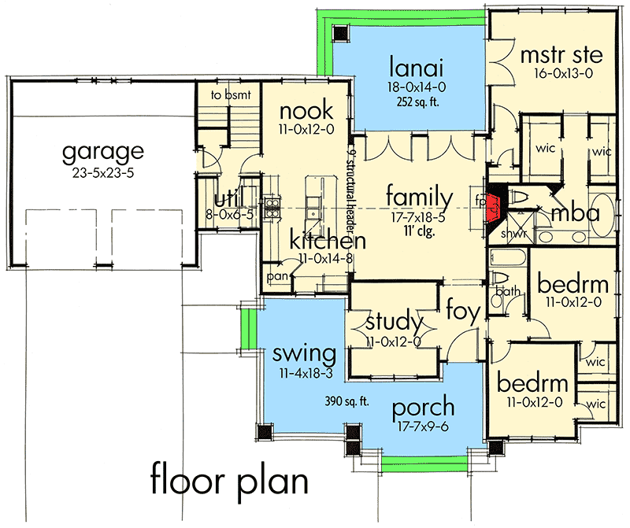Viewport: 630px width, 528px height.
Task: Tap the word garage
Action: tap(104, 150)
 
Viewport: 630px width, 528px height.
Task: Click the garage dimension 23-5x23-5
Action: tap(104, 172)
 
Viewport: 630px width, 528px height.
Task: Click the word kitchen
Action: tap(327, 240)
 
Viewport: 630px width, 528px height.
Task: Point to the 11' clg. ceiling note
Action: tap(416, 232)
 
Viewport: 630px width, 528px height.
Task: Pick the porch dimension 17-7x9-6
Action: tap(424, 429)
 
